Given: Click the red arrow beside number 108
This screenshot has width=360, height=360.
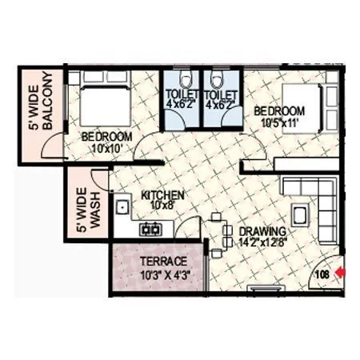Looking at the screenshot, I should pos(342,274).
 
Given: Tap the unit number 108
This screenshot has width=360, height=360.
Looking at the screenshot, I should pos(322,274).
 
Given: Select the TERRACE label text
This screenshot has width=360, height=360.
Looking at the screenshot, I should pos(163,262).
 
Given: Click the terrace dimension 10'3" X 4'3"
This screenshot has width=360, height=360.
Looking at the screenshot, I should pos(163,276).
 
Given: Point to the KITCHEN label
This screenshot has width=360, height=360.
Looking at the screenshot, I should pos(163,194).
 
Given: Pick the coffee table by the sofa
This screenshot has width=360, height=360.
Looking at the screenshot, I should pos(302,214).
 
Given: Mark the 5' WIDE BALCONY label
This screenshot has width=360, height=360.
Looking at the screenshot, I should pos(39,102).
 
